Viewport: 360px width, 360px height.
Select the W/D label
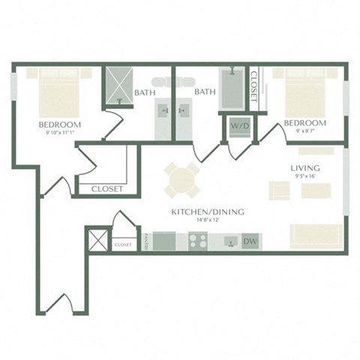tap(239, 125)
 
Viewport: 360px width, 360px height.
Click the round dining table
tap(182, 181)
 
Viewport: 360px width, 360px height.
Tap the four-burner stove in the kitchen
tap(197, 241)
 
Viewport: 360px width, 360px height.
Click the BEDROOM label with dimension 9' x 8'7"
tap(304, 123)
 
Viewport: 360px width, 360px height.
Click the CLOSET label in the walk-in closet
tap(107, 189)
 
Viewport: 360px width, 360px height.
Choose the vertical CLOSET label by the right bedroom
tap(254, 85)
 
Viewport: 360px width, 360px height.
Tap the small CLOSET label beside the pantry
tap(123, 244)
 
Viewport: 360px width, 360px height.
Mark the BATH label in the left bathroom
tap(145, 93)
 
